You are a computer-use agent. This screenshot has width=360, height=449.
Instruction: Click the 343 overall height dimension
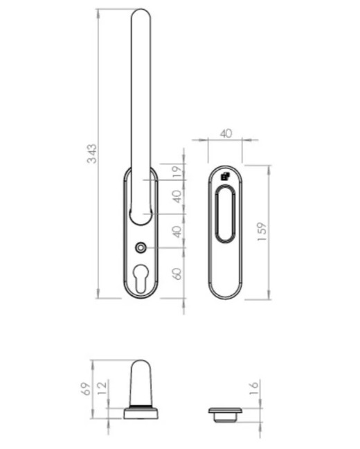click(92, 154)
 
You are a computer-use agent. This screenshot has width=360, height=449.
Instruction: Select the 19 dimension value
click(177, 172)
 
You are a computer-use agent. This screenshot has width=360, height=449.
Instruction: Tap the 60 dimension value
click(177, 274)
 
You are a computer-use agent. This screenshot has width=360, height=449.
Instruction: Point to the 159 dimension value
click(262, 231)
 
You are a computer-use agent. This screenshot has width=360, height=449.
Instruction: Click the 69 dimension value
click(87, 389)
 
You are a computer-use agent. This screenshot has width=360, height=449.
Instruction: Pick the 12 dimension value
click(102, 388)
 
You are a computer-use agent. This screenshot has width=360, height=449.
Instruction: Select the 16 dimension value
click(254, 388)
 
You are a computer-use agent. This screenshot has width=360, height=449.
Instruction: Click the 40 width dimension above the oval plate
click(226, 134)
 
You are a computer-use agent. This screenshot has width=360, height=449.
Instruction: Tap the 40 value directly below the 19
click(177, 197)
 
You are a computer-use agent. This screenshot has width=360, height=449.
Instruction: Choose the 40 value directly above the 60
click(177, 231)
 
